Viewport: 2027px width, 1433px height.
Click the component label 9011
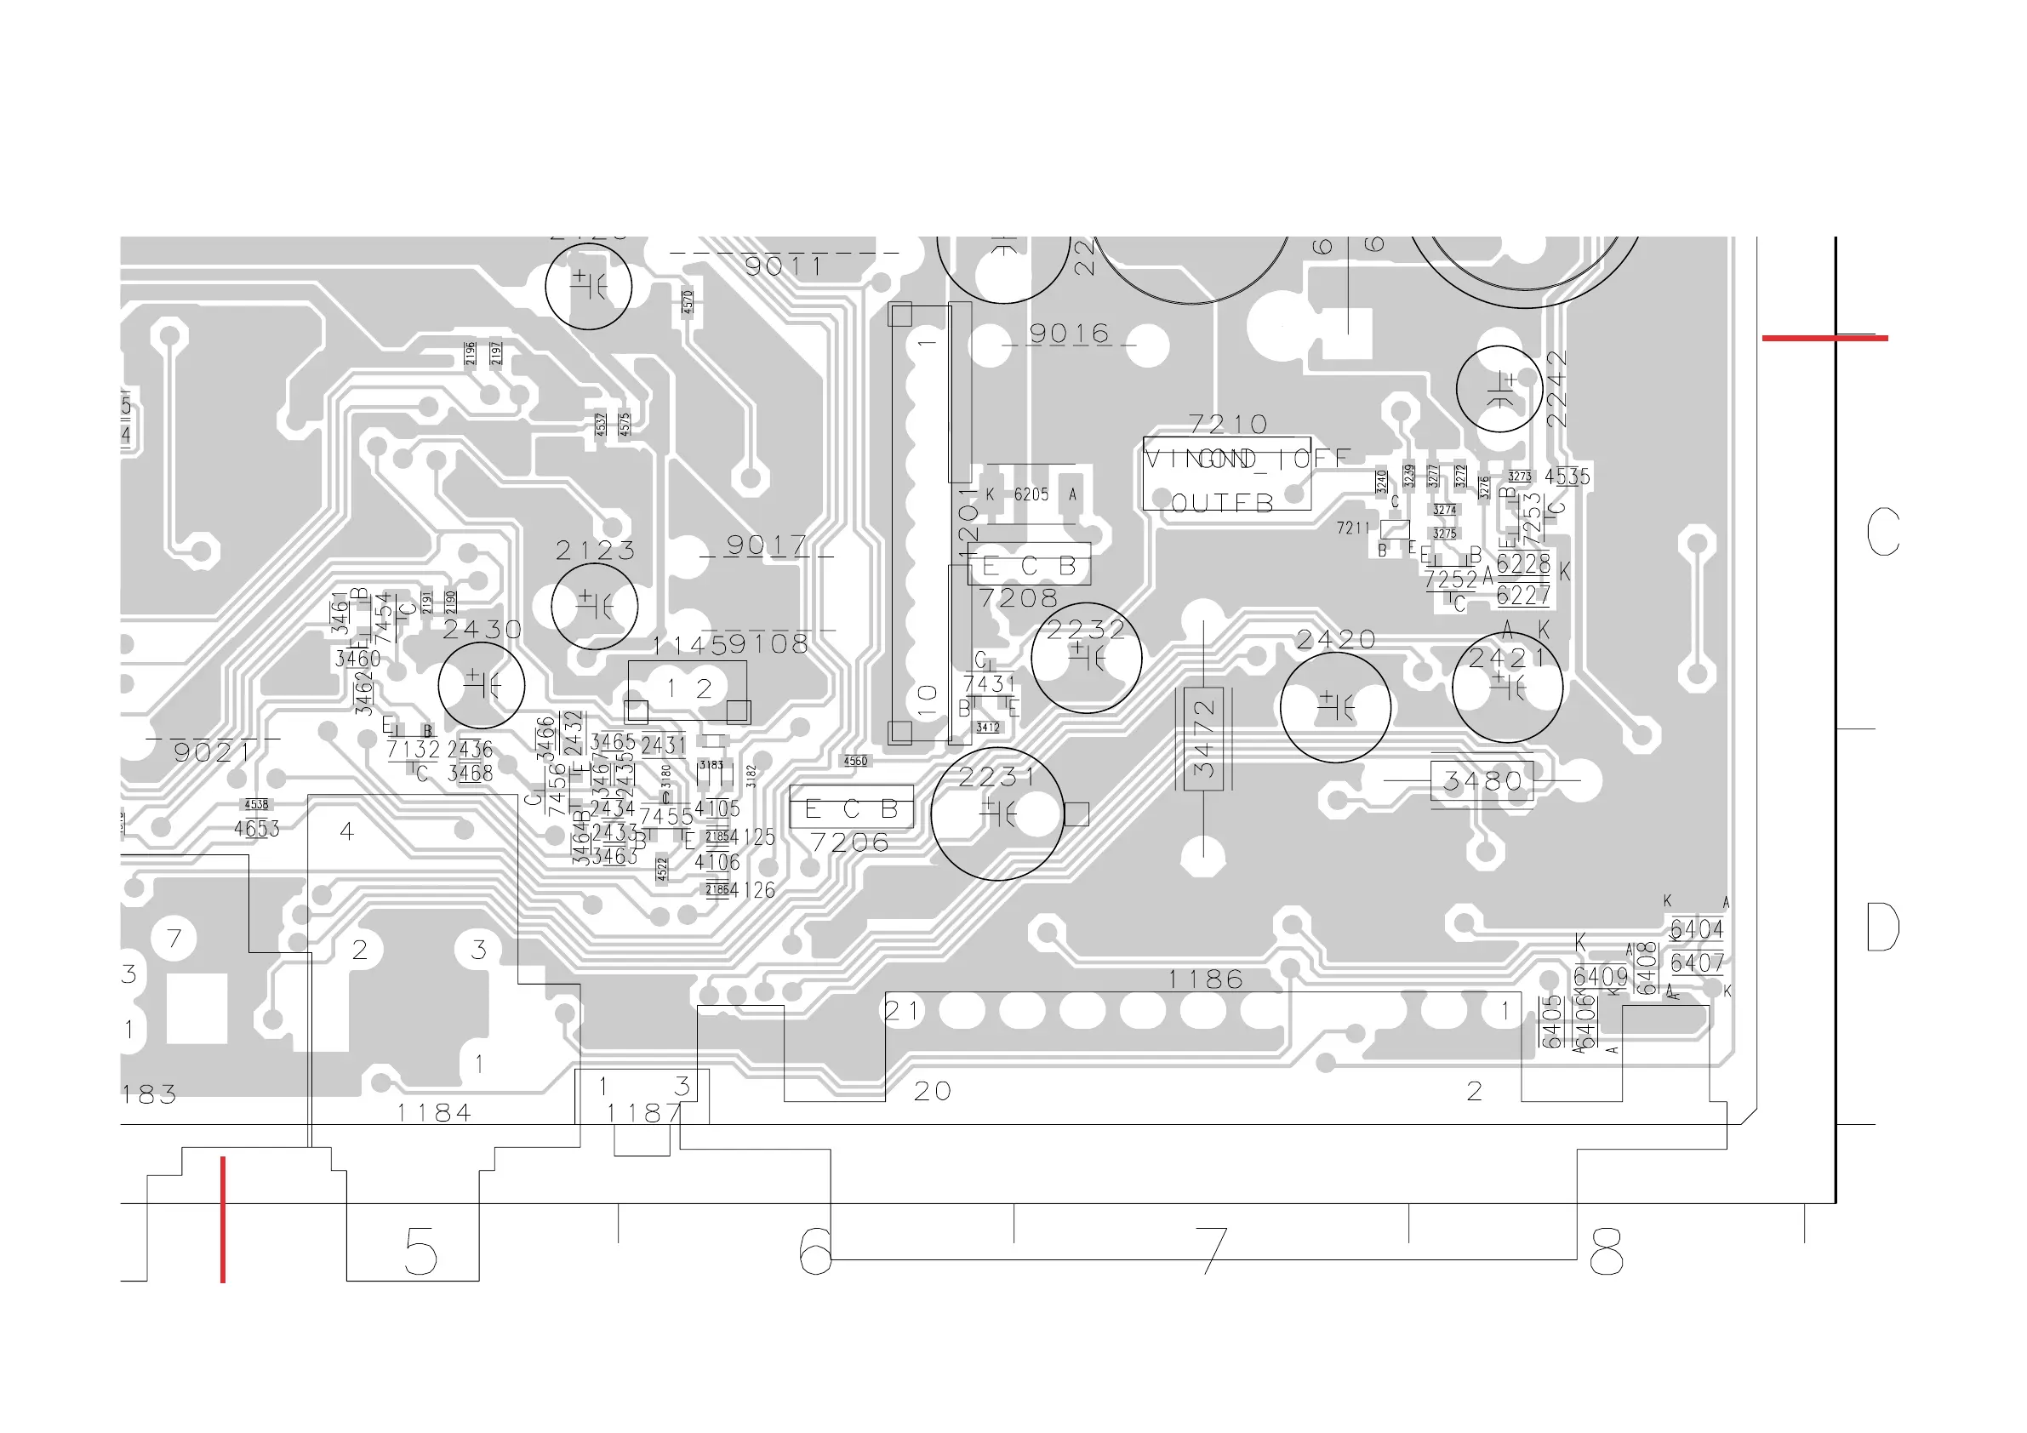click(784, 265)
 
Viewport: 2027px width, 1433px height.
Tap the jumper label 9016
click(1069, 334)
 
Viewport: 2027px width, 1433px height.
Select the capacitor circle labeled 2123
click(594, 607)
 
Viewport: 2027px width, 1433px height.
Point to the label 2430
click(482, 630)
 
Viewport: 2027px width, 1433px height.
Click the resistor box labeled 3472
click(1203, 738)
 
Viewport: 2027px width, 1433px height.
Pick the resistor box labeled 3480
click(1482, 780)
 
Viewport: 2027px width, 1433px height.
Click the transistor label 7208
click(1018, 598)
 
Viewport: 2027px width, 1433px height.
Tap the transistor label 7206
click(849, 842)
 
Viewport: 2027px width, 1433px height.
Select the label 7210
click(1228, 425)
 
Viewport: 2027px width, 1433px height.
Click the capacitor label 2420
click(1336, 639)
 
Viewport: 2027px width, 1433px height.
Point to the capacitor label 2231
click(996, 777)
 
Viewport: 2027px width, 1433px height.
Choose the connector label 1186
click(1205, 979)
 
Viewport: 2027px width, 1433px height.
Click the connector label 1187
click(644, 1113)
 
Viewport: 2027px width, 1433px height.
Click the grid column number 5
click(420, 1251)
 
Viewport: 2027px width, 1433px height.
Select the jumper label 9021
click(213, 752)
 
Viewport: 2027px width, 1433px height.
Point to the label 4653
click(256, 828)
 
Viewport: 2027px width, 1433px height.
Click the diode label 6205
click(1031, 494)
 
